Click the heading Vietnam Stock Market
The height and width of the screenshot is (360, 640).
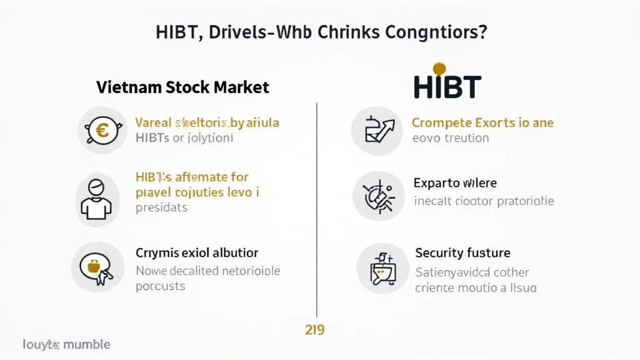click(x=182, y=87)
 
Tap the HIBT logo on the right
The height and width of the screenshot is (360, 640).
click(x=447, y=86)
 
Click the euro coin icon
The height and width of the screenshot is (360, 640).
click(x=101, y=130)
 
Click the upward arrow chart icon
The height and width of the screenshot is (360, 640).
click(x=376, y=130)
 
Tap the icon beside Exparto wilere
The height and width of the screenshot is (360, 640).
click(x=376, y=196)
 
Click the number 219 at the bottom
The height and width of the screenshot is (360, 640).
click(x=314, y=329)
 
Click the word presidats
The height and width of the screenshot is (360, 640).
click(x=161, y=207)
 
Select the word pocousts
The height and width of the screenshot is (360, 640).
click(x=160, y=286)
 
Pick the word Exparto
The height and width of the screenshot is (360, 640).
click(x=436, y=183)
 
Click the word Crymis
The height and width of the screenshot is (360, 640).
click(x=157, y=253)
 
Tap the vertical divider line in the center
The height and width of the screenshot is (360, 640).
click(x=317, y=206)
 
